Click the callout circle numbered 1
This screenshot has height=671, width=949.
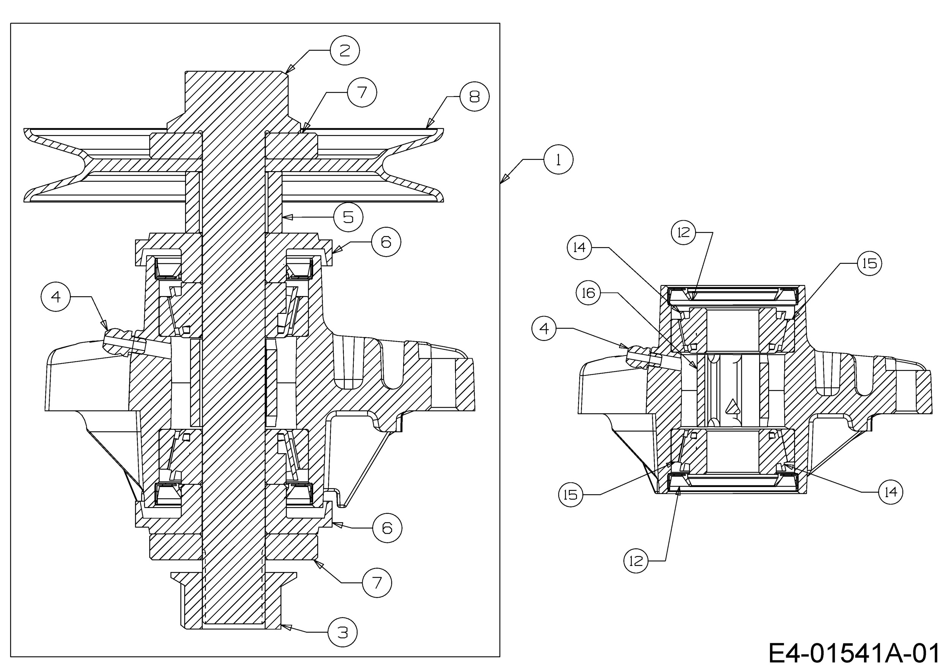pos(558,159)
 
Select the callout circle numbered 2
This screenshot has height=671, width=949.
pos(345,50)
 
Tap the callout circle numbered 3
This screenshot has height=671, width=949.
pos(343,632)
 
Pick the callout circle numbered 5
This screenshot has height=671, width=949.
pos(348,217)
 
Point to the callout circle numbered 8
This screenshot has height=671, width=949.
pos(474,96)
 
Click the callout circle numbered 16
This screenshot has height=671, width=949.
pos(588,293)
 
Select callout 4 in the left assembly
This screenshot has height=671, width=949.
pos(56,296)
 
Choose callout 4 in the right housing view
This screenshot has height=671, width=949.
pos(544,328)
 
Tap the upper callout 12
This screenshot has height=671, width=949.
pos(684,232)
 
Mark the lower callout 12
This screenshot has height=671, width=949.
pos(636,561)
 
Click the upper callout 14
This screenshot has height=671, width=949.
pos(580,247)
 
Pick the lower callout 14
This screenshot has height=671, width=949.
pos(891,492)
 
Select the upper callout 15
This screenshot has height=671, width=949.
pos(870,263)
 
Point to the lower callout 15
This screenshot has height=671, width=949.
pos(571,495)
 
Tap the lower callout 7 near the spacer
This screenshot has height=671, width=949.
pos(377,583)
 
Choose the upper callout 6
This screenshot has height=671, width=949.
pos(386,242)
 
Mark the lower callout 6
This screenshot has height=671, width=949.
pos(387,528)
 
